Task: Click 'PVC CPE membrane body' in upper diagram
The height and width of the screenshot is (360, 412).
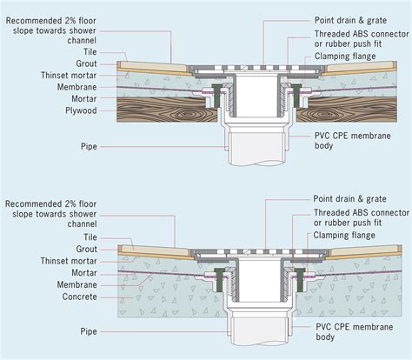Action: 353,143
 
